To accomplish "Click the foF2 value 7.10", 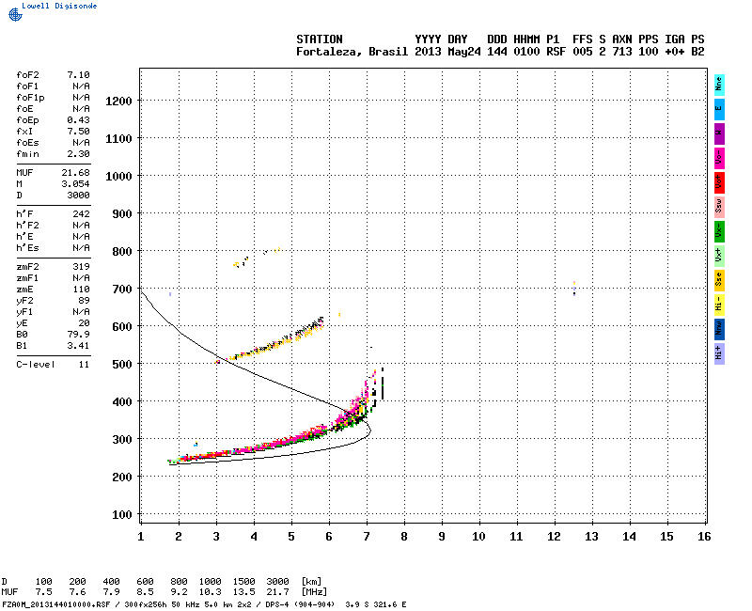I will pos(78,74).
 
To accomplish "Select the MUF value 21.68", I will pos(76,172).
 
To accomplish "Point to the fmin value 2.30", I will pos(78,153).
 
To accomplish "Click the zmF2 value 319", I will pos(81,266).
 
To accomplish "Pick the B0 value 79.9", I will pos(78,334).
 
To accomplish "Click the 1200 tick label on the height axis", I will pos(118,101).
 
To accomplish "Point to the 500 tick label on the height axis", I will pos(121,364).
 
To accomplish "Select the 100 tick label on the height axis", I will pos(121,514).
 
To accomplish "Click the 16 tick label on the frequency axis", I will pos(704,536).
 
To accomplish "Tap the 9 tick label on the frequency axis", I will pos(441,536).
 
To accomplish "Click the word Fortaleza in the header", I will pos(325,52).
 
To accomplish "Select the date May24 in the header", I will pos(463,52).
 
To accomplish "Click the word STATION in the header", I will pos(320,39).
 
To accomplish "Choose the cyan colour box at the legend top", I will pos(719,85).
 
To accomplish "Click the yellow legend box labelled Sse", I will pos(719,279).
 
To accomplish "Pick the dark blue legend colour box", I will pos(719,328).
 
